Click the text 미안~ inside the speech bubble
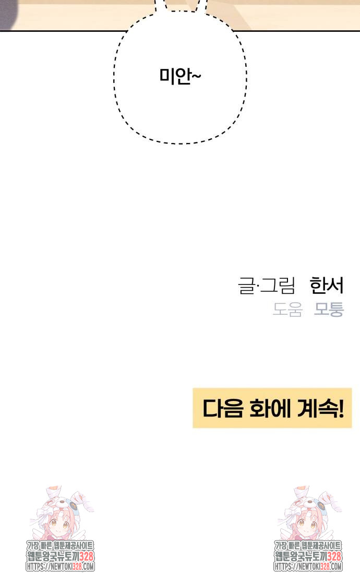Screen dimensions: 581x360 pyautogui.click(x=180, y=77)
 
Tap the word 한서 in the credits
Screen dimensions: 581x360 pyautogui.click(x=327, y=286)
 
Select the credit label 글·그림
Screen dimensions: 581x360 pyautogui.click(x=267, y=286)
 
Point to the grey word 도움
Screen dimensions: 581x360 pyautogui.click(x=287, y=310)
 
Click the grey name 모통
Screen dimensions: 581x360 pyautogui.click(x=329, y=310)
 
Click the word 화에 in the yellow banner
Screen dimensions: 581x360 pyautogui.click(x=265, y=408)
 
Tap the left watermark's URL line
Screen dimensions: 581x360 pyautogui.click(x=60, y=566)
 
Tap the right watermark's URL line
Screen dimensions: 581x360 pyautogui.click(x=308, y=566)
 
